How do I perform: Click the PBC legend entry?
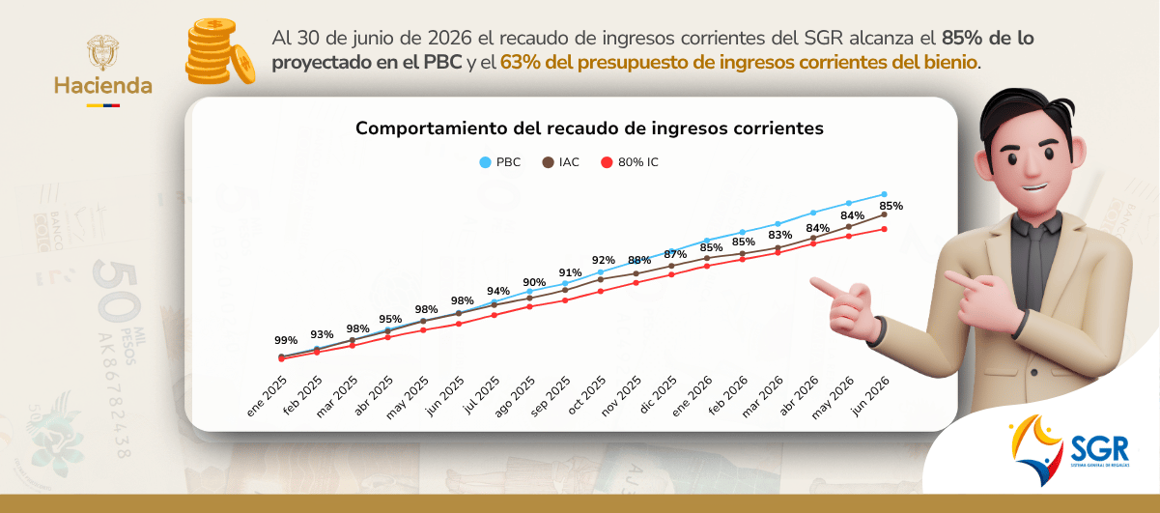[x=499, y=162]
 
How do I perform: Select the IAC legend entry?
[x=561, y=162]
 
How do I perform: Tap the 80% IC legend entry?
[x=630, y=162]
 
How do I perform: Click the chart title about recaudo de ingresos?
[x=589, y=128]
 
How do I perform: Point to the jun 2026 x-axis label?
[x=871, y=396]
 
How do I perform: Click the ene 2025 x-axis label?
[x=267, y=396]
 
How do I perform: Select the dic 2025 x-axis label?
[x=658, y=395]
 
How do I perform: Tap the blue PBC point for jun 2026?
[x=884, y=194]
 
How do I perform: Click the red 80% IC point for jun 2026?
[x=884, y=229]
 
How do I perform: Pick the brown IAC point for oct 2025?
[x=600, y=279]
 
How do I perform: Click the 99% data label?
[x=286, y=340]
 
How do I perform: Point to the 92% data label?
[x=604, y=260]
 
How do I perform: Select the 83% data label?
[x=779, y=236]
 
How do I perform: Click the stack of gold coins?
[x=220, y=51]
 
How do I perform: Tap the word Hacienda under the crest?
[x=103, y=86]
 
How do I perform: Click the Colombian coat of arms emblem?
[x=102, y=52]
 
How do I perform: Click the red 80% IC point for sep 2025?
[x=565, y=300]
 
